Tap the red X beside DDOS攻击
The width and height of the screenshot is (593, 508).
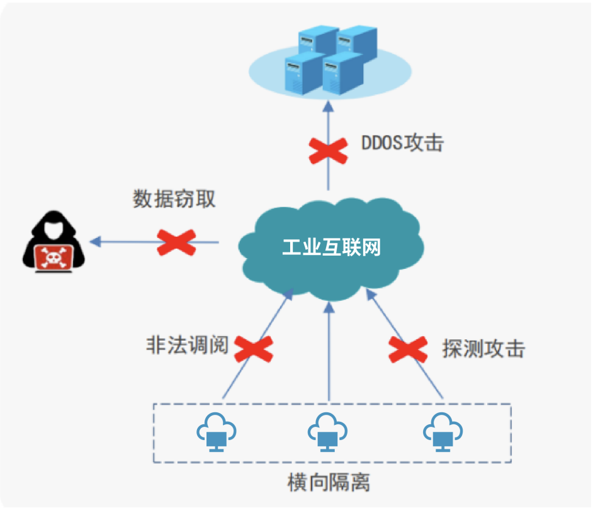click(328, 149)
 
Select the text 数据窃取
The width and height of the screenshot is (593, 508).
click(174, 199)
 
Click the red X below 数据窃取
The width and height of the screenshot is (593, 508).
click(176, 242)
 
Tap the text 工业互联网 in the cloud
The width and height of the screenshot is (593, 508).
click(331, 247)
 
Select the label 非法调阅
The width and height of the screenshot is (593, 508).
click(187, 345)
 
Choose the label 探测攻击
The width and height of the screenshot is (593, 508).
click(483, 349)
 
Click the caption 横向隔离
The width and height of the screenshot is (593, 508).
click(329, 483)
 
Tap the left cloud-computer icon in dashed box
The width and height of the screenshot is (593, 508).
click(217, 431)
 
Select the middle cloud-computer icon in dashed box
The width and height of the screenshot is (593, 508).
click(327, 431)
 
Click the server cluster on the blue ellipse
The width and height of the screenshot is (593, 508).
click(325, 60)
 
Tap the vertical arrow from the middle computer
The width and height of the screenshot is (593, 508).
click(329, 353)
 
